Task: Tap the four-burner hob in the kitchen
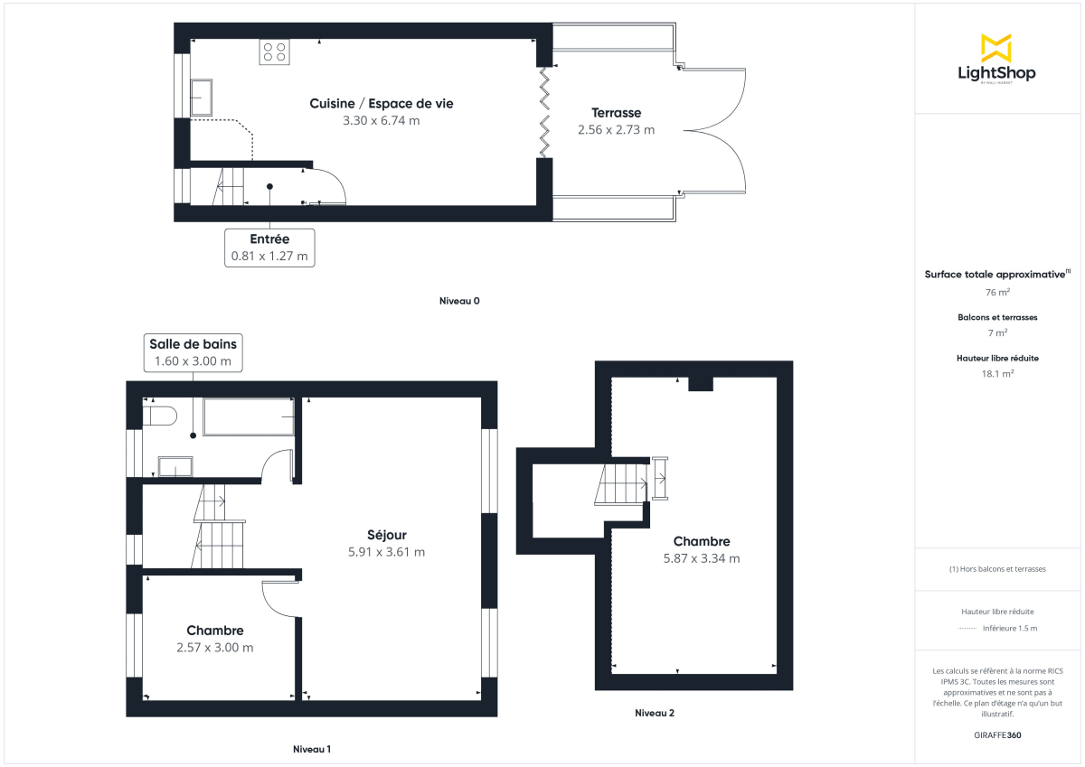[274, 52]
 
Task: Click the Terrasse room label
[617, 113]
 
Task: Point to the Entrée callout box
[269, 248]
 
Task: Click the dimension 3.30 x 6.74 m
[381, 120]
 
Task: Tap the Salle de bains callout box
[193, 352]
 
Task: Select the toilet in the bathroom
[160, 416]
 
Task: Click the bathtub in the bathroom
[249, 416]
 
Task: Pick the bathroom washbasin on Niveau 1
[175, 466]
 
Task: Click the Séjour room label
[386, 535]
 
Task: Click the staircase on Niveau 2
[620, 483]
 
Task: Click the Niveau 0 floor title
[458, 301]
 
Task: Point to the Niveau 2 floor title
[654, 713]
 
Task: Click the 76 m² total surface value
[997, 293]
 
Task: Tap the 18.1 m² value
[997, 373]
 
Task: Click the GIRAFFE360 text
[997, 735]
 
